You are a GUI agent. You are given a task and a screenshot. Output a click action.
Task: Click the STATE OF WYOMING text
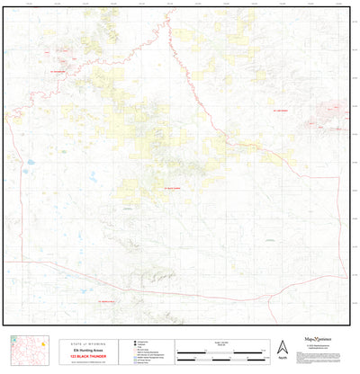[87, 343]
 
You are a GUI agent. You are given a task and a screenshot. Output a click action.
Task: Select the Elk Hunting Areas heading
[87, 350]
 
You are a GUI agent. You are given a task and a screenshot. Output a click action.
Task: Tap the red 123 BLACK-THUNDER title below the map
[87, 356]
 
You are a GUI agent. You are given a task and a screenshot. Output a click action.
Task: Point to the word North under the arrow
[283, 358]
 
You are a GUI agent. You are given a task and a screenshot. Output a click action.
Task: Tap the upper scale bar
[220, 348]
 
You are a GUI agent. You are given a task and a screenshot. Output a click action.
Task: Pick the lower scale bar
[220, 356]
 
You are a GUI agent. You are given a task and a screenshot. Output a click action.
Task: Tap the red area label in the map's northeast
[279, 109]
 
